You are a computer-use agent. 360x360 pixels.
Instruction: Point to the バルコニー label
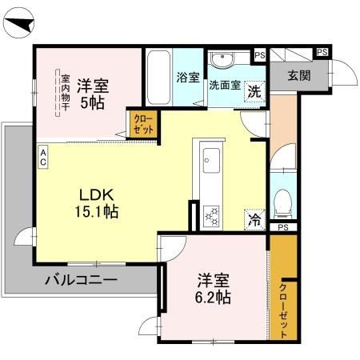(81, 280)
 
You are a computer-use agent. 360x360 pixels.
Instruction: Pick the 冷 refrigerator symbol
(254, 218)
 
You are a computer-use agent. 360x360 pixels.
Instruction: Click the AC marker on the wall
(42, 156)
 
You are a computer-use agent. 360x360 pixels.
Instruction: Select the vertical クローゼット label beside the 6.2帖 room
(284, 311)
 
